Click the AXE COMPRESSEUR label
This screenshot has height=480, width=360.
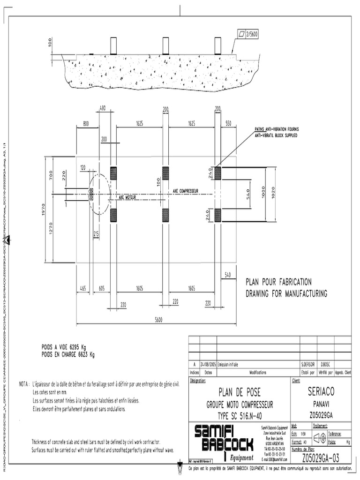(x=186, y=191)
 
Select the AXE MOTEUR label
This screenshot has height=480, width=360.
(x=127, y=198)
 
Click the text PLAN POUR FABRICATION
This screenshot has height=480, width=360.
(x=278, y=282)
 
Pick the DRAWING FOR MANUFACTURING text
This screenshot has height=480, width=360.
(x=286, y=294)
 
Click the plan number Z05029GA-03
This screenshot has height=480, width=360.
(x=321, y=457)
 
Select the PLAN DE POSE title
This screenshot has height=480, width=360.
(x=240, y=392)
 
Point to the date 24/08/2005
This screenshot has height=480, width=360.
(x=208, y=364)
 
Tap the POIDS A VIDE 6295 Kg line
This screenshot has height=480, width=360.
(x=64, y=347)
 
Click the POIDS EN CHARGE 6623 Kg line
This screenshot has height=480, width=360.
(x=68, y=354)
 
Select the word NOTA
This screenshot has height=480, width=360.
(x=24, y=384)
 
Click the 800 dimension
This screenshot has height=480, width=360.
(x=86, y=124)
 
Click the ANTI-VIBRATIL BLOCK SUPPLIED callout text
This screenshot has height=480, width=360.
(x=276, y=135)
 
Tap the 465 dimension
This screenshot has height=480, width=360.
(x=82, y=289)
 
